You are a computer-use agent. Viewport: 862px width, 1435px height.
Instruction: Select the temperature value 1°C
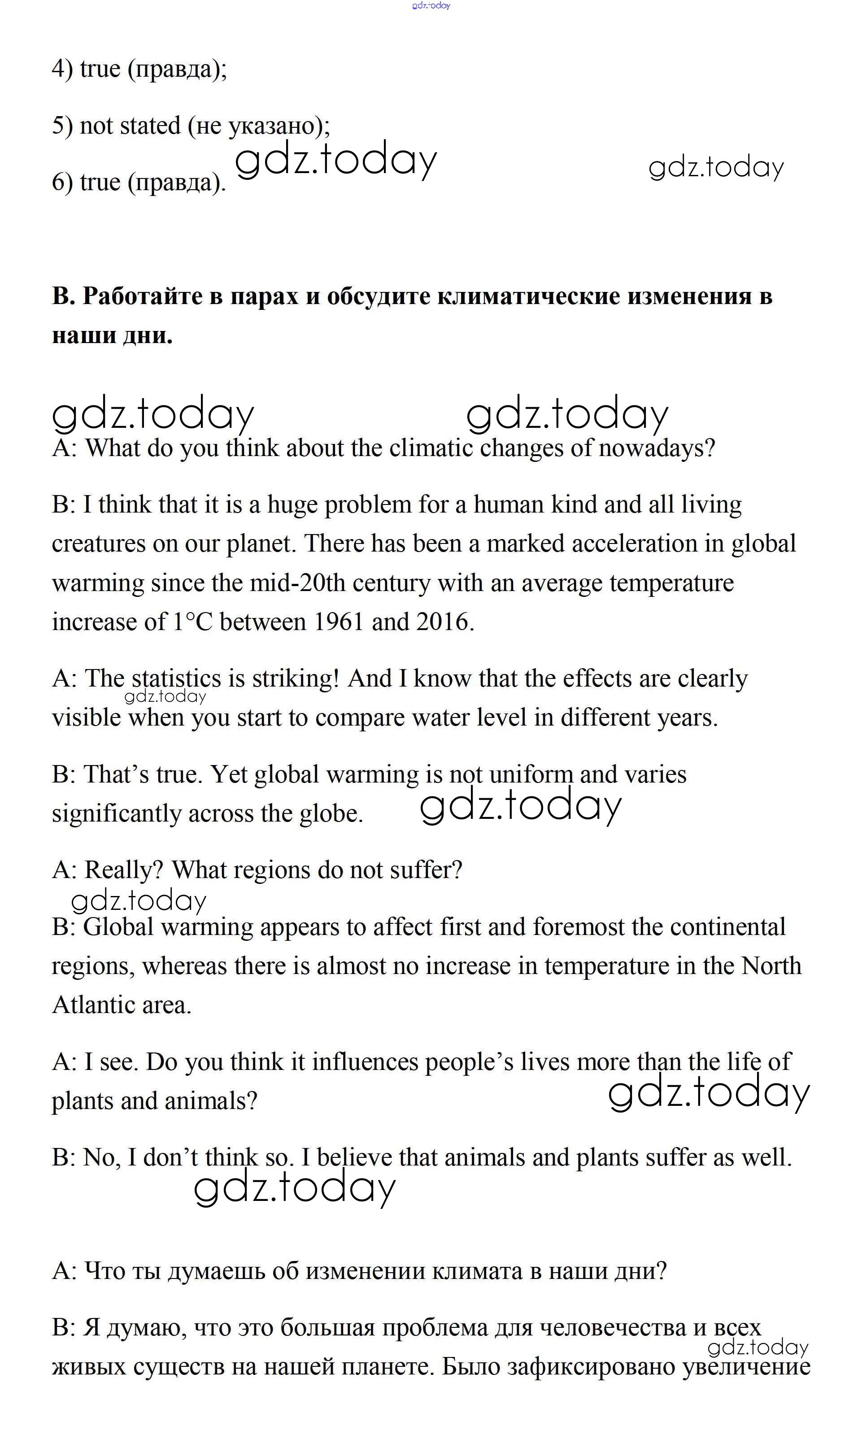click(x=193, y=622)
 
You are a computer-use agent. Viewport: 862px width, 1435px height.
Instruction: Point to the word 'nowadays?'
click(x=657, y=448)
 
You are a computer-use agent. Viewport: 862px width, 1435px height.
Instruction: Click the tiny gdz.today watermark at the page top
click(x=431, y=6)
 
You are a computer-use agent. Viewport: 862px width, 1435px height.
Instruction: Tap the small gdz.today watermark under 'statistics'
click(x=165, y=697)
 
